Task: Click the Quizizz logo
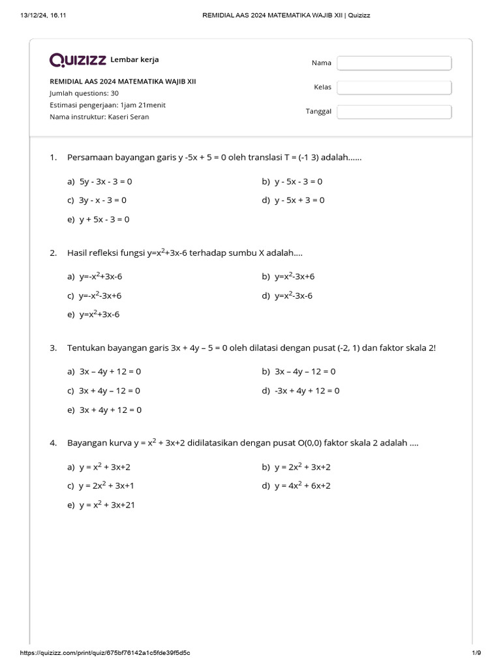point(78,61)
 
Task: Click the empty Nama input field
point(394,63)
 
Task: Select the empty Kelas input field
point(394,87)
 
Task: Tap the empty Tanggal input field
point(394,112)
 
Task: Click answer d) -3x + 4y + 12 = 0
point(300,391)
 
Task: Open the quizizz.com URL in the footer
point(106,653)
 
